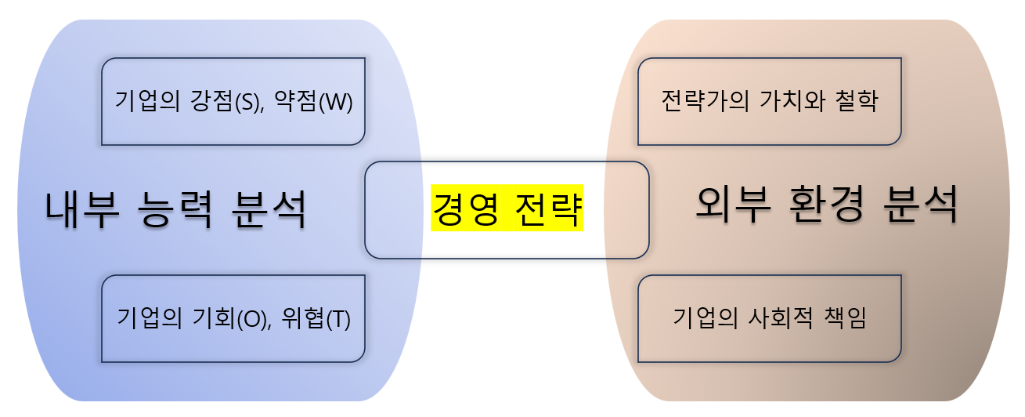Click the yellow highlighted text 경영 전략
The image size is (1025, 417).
click(x=507, y=209)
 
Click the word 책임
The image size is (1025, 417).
click(x=845, y=319)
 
